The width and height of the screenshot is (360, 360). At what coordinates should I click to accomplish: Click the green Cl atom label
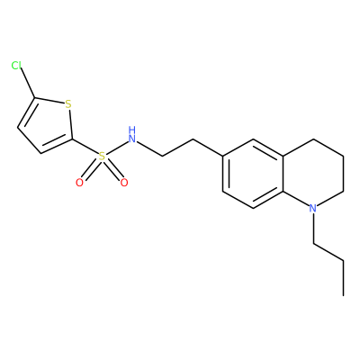pyautogui.click(x=16, y=65)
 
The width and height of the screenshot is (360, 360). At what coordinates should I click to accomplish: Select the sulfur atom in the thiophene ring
pyautogui.click(x=68, y=104)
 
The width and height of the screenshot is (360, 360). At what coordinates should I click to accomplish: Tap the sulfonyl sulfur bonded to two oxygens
pyautogui.click(x=103, y=157)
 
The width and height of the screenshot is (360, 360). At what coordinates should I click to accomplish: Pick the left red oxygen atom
pyautogui.click(x=79, y=183)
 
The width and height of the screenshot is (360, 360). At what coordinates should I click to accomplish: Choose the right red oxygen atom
pyautogui.click(x=124, y=183)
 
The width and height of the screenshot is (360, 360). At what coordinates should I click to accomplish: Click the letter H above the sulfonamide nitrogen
pyautogui.click(x=132, y=130)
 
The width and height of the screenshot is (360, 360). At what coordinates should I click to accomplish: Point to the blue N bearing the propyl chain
pyautogui.click(x=313, y=208)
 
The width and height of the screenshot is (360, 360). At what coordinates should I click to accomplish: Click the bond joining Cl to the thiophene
pyautogui.click(x=28, y=83)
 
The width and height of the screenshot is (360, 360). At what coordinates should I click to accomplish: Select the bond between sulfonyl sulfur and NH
pyautogui.click(x=117, y=148)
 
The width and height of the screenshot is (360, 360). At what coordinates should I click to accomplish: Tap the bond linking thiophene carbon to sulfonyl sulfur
pyautogui.click(x=85, y=147)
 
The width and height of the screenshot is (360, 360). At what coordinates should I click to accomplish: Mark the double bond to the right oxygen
pyautogui.click(x=113, y=169)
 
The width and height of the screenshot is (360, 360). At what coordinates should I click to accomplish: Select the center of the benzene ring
pyautogui.click(x=253, y=173)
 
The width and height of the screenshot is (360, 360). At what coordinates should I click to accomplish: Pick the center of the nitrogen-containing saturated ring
pyautogui.click(x=313, y=173)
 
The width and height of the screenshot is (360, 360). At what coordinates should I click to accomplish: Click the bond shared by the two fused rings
pyautogui.click(x=283, y=173)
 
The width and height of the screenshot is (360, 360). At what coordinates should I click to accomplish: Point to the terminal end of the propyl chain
pyautogui.click(x=343, y=296)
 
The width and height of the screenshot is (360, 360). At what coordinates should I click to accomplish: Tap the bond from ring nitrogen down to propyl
pyautogui.click(x=313, y=228)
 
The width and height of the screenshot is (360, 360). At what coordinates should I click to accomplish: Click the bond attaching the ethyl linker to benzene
pyautogui.click(x=208, y=148)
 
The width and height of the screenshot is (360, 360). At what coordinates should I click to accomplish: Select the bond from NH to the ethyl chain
pyautogui.click(x=149, y=149)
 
